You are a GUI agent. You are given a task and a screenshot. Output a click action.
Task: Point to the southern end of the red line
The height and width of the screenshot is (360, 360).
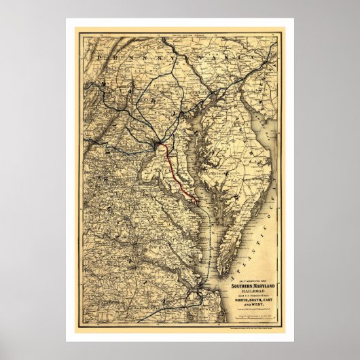pyautogui.click(x=197, y=201)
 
